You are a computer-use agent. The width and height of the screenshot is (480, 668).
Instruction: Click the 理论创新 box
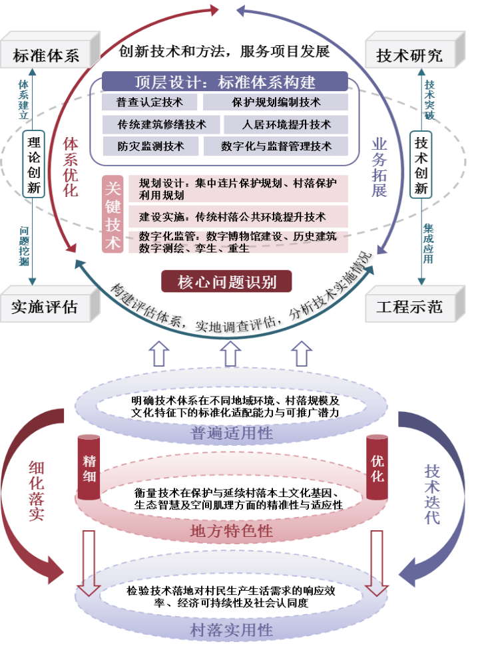[34, 164]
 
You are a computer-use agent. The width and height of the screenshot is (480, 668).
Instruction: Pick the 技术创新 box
[421, 164]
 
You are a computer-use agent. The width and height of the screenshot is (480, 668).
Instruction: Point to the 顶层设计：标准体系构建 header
[225, 83]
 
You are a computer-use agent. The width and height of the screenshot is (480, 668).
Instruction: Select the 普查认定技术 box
[150, 102]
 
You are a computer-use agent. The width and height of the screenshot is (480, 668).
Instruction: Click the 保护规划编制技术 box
[276, 102]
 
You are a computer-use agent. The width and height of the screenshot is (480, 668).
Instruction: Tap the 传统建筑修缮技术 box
[161, 124]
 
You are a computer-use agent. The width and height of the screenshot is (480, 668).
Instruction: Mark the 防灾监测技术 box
[150, 146]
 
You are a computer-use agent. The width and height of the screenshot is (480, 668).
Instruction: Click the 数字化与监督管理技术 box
[276, 146]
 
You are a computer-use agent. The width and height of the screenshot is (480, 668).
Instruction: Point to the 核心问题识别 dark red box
[226, 282]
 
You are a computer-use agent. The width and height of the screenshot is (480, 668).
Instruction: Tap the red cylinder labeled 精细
[89, 466]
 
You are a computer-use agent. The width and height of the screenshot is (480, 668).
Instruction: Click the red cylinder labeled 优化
[377, 466]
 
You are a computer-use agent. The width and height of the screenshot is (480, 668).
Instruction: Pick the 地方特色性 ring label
[232, 531]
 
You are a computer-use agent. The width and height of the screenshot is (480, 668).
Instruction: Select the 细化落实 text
[36, 491]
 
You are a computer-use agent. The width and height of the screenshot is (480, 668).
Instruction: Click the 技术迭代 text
[432, 494]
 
